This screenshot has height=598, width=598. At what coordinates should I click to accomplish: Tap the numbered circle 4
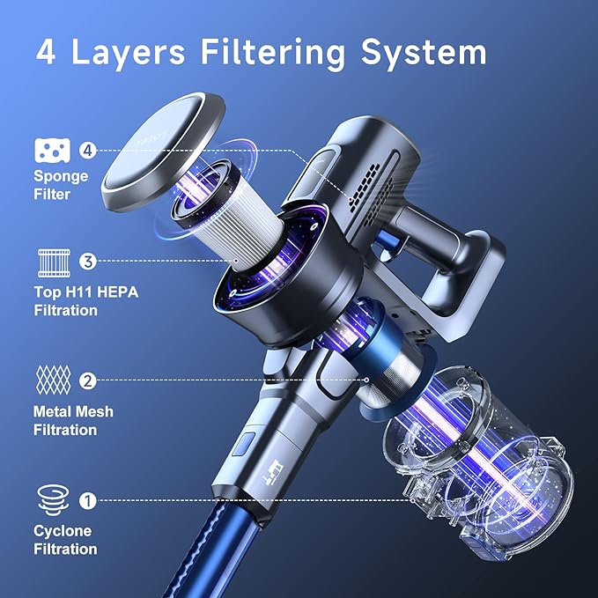pos(86,151)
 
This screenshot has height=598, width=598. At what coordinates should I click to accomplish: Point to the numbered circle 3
pos(86,261)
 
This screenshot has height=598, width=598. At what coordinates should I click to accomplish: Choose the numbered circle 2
pos(86,381)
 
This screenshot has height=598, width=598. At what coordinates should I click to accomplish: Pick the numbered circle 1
pos(86,500)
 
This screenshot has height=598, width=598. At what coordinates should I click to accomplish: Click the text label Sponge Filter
pos(61,184)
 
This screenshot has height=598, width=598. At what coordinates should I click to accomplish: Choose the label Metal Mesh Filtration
pos(73,420)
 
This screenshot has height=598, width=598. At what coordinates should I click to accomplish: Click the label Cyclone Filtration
pos(65,540)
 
